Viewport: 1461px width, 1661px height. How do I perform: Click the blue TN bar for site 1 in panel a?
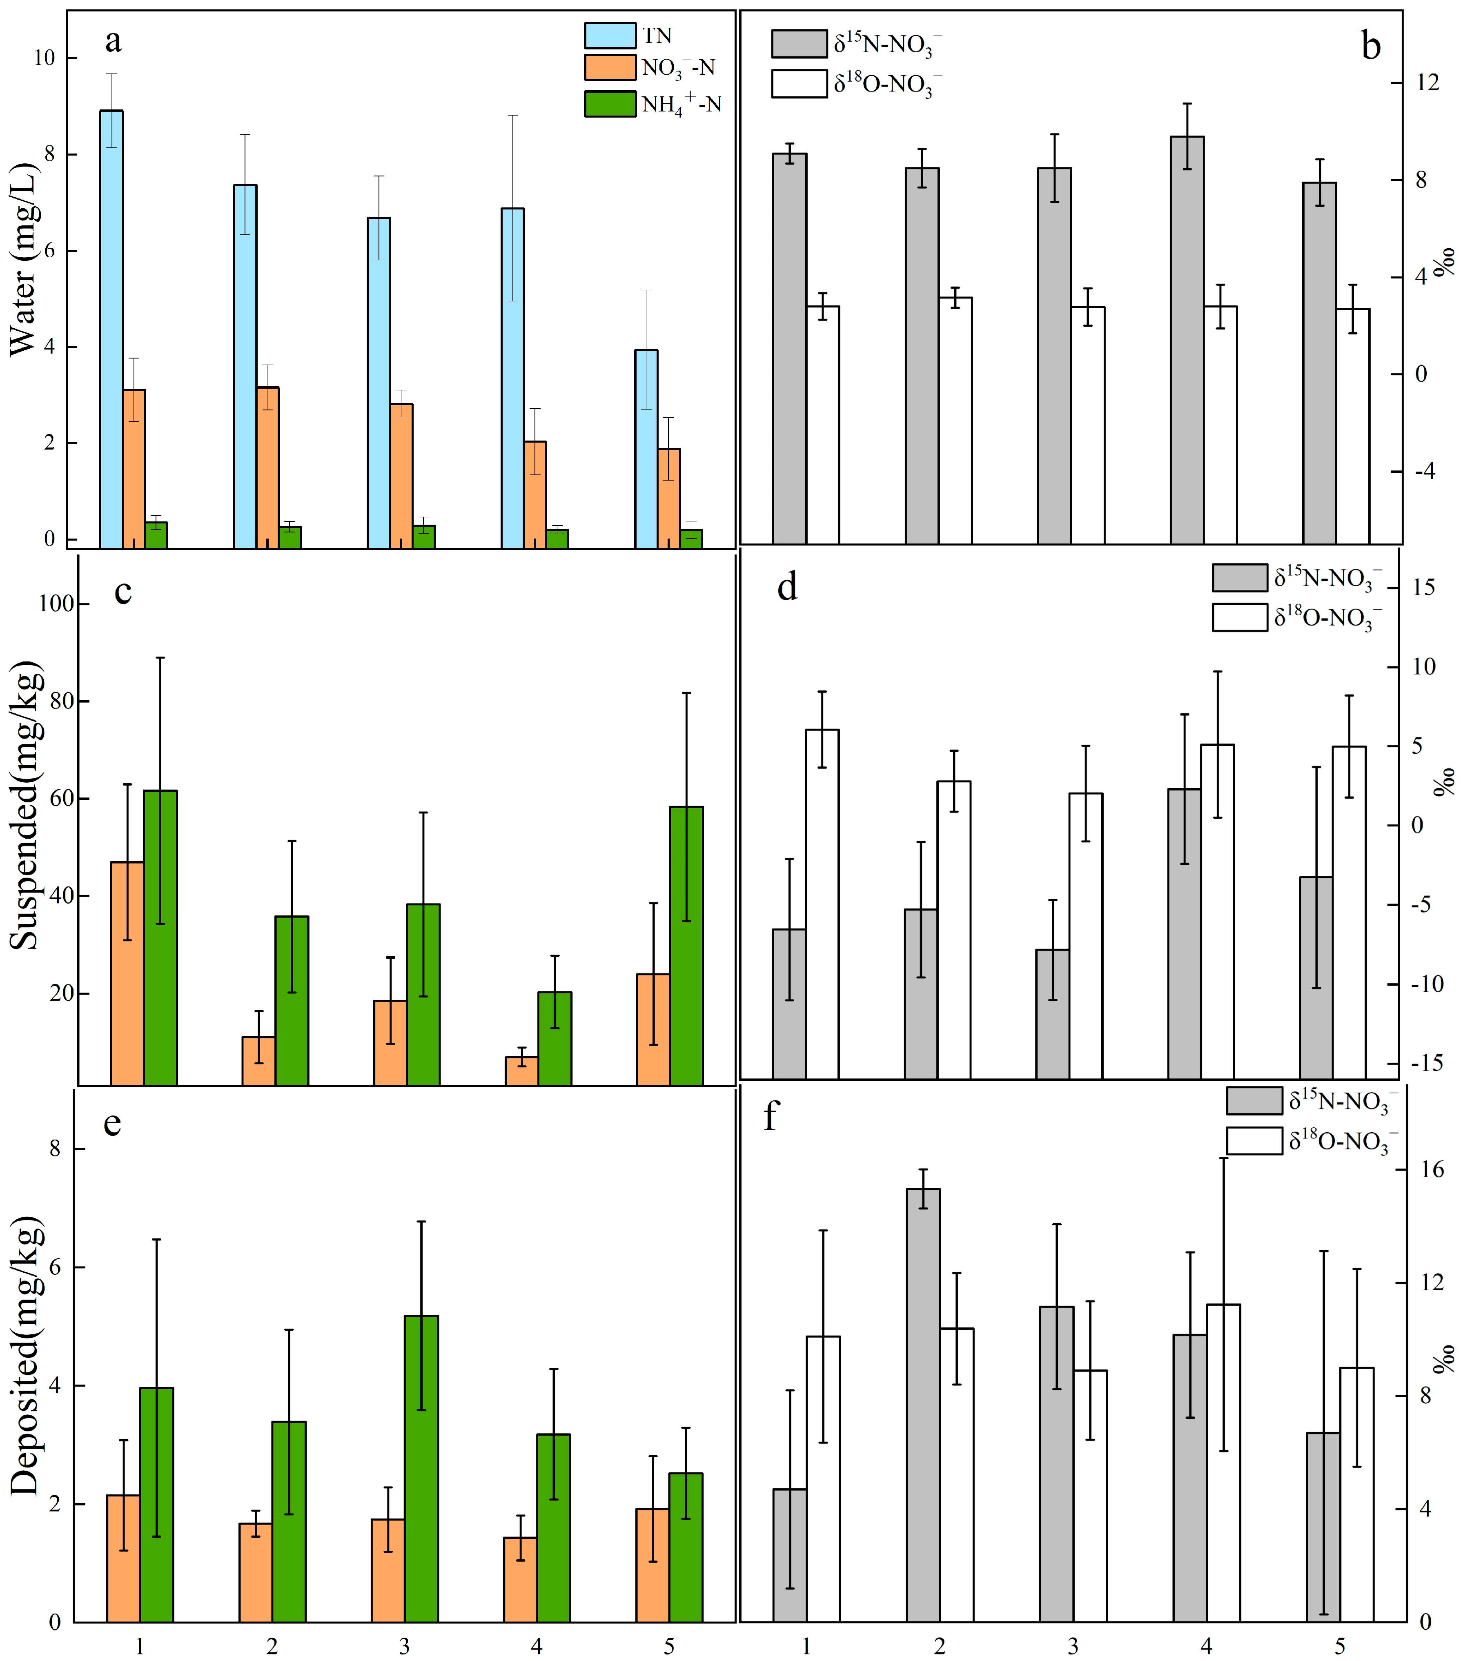coord(111,325)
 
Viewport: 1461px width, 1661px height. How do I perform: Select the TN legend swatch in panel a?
coord(609,36)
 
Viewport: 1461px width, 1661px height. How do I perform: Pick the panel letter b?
coord(1371,47)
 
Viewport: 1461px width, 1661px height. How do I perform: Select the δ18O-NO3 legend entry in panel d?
coord(1296,618)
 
